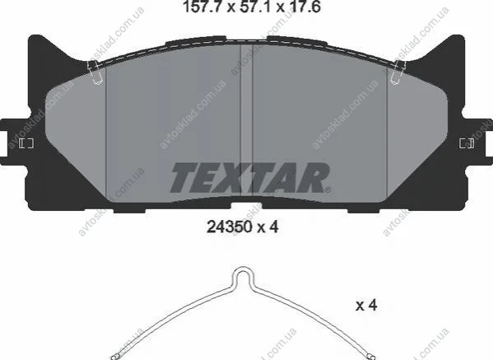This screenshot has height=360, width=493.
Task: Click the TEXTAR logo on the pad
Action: tap(250, 178)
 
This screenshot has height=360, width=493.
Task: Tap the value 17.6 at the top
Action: tap(305, 7)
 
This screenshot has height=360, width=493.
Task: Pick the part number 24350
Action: tap(230, 227)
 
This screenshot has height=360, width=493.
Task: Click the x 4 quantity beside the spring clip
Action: tap(366, 305)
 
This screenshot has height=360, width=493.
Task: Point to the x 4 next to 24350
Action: tap(268, 227)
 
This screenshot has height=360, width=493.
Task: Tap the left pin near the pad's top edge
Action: tap(95, 72)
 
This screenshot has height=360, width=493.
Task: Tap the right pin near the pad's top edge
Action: tap(398, 72)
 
